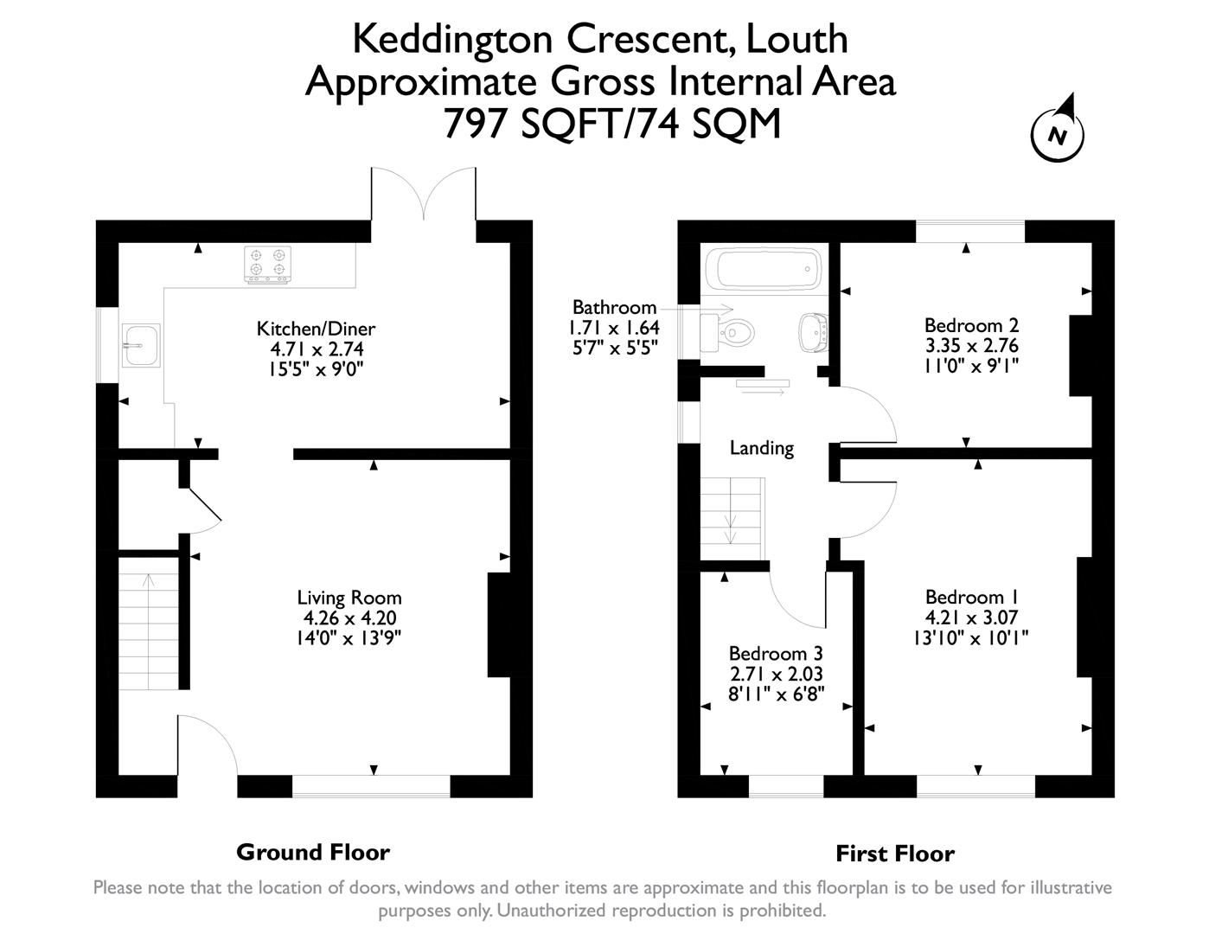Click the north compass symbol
[x=1057, y=133]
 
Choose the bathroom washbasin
[x=814, y=329]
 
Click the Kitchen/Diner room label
[x=316, y=329]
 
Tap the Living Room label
[x=349, y=598]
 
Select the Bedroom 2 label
[x=971, y=325]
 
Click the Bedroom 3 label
[x=775, y=654]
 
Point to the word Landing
[x=761, y=448]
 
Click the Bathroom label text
[x=614, y=308]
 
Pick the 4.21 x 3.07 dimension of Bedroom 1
[x=971, y=617]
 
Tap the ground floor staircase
[x=149, y=623]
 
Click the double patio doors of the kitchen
[x=424, y=195]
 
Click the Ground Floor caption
[x=313, y=853]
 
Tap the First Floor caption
[x=894, y=854]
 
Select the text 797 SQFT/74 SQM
[x=611, y=124]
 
